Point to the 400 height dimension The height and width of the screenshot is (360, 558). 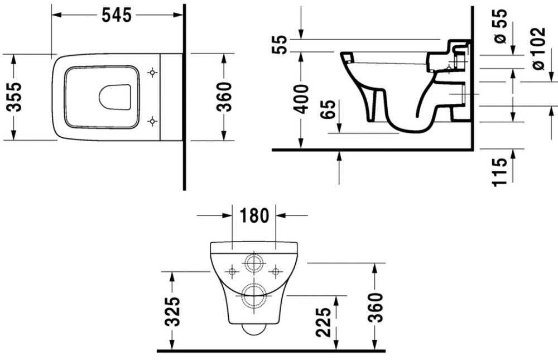(x=301, y=99)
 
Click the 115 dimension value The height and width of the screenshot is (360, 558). (x=500, y=171)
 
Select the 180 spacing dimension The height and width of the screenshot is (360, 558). (x=254, y=215)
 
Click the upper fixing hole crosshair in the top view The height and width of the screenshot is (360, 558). (x=151, y=73)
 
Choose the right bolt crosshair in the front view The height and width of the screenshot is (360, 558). (x=274, y=272)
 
